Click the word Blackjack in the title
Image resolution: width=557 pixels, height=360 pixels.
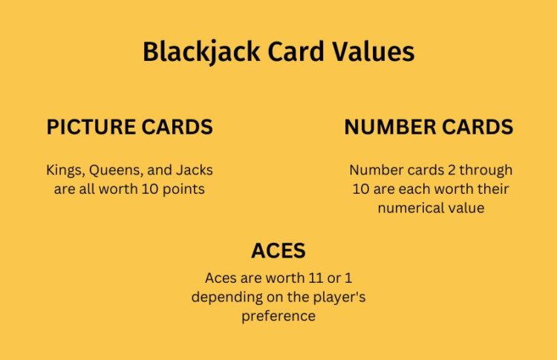[x=191, y=52]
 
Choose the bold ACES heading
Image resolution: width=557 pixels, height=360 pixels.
[x=278, y=250]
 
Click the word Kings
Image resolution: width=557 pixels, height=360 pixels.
[x=63, y=171]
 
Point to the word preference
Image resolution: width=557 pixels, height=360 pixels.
[x=278, y=315]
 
